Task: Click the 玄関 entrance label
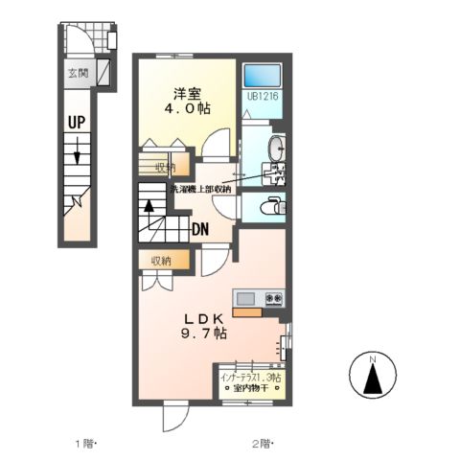coord(76,73)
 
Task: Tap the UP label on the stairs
coord(78,121)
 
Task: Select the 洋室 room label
coord(186,93)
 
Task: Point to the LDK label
coord(203,318)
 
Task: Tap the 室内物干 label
coord(251,390)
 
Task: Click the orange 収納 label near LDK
coord(159,260)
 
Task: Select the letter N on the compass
coord(374,359)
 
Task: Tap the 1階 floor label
coord(87,443)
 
